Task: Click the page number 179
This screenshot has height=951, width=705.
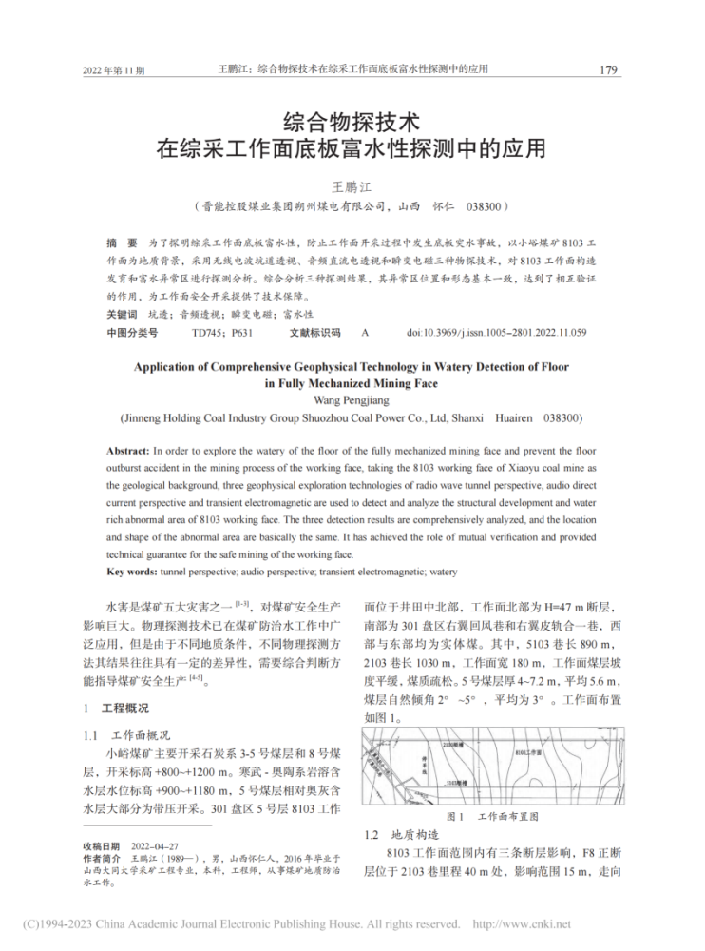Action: coord(607,69)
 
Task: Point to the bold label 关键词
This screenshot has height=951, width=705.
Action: coord(122,313)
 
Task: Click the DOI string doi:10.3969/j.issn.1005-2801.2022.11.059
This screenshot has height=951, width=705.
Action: coord(496,332)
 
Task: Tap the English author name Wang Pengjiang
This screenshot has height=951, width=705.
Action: coord(352,400)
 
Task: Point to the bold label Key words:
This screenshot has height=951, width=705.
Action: coord(133,572)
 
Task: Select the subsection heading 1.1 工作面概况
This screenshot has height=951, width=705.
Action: coord(124,735)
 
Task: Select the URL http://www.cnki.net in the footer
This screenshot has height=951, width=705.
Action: coord(522,923)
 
